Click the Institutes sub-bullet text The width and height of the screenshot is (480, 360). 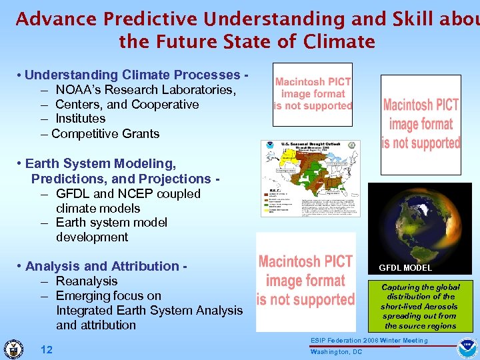(80, 119)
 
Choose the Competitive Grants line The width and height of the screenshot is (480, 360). (105, 133)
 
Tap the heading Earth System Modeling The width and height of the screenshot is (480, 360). (100, 163)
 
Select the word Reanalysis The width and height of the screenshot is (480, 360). (87, 281)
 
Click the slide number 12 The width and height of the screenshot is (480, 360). (47, 350)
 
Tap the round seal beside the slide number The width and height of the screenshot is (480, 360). (13, 349)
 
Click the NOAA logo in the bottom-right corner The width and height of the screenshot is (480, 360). (467, 349)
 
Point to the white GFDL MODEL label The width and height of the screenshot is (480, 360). (405, 268)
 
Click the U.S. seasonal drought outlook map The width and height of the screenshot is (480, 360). (310, 183)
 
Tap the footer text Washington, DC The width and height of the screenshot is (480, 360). (336, 352)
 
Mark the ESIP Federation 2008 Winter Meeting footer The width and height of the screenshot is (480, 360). (369, 341)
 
